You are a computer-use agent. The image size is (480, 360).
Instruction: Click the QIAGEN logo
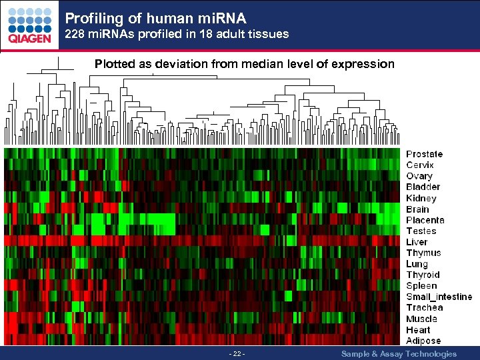tap(29, 25)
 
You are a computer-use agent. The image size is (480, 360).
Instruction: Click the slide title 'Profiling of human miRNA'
tap(155, 15)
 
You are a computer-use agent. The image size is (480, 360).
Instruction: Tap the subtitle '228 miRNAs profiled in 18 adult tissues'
tap(177, 33)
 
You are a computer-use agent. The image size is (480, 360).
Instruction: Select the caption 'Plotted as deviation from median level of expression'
tap(244, 64)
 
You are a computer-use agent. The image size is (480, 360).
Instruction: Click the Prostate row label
tap(424, 154)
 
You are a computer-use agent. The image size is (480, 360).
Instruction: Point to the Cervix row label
tap(420, 165)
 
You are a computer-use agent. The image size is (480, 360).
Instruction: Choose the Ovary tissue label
tap(419, 176)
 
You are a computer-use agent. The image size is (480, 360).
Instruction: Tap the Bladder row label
tap(423, 187)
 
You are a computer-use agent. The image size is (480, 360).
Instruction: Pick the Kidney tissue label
tap(421, 198)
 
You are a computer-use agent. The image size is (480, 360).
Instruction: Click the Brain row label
tap(418, 209)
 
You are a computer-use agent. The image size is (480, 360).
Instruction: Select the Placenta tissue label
tap(425, 220)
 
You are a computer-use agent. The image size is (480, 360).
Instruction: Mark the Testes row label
tap(421, 231)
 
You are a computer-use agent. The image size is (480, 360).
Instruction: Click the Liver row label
tap(417, 242)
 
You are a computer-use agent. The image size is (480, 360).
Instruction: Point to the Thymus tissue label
tap(423, 253)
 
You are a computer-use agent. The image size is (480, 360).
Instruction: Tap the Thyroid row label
tap(423, 275)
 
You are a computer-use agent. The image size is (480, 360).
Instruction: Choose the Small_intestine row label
tap(439, 297)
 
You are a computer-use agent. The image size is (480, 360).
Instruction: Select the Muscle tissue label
tap(421, 319)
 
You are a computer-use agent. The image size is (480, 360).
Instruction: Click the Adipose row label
tap(423, 341)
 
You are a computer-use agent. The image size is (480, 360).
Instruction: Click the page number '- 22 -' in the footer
tap(237, 354)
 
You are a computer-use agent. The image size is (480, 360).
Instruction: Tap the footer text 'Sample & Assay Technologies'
tap(399, 354)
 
